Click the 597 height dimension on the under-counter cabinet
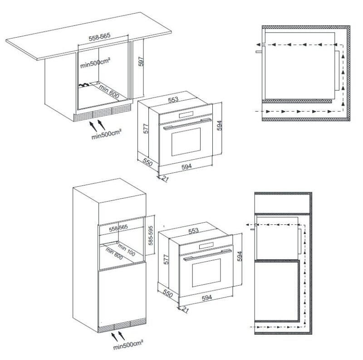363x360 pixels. click(x=141, y=63)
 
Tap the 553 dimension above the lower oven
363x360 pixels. click(x=193, y=230)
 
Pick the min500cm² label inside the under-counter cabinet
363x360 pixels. click(x=96, y=64)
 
